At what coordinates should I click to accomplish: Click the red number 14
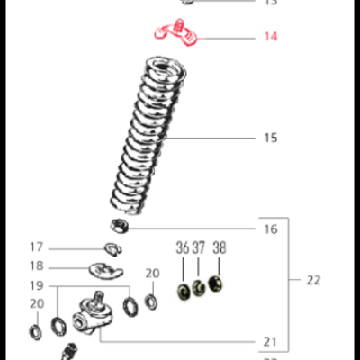[270, 37]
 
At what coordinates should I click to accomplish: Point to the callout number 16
[270, 229]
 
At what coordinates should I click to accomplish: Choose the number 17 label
[36, 247]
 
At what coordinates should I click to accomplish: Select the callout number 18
[36, 266]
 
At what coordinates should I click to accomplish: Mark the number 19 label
[36, 286]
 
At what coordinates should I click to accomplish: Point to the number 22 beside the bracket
[312, 280]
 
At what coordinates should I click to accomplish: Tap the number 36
[183, 247]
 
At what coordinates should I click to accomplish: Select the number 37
[199, 247]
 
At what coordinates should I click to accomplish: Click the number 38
[219, 247]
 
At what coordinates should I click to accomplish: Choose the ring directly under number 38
[216, 285]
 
